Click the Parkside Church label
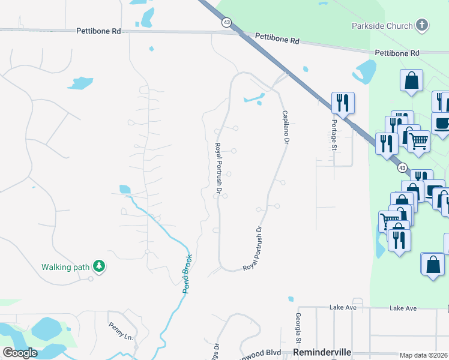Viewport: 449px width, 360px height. pyautogui.click(x=382, y=26)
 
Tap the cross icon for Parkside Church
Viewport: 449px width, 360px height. pyautogui.click(x=423, y=25)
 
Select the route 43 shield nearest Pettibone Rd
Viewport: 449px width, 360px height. pyautogui.click(x=226, y=22)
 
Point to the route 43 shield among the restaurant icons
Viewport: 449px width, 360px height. pyautogui.click(x=402, y=168)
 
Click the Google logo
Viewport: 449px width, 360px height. pyautogui.click(x=20, y=353)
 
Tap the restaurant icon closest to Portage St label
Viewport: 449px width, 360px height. pyautogui.click(x=343, y=103)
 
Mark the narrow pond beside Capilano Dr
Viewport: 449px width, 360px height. pyautogui.click(x=254, y=98)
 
